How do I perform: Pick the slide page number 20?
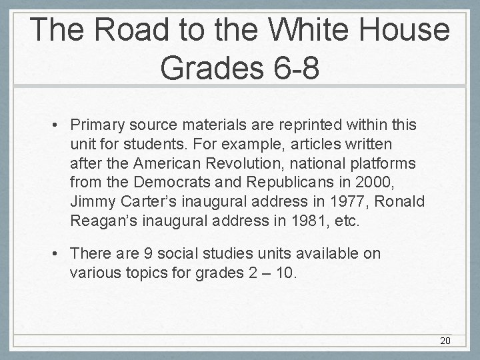[445, 341]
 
